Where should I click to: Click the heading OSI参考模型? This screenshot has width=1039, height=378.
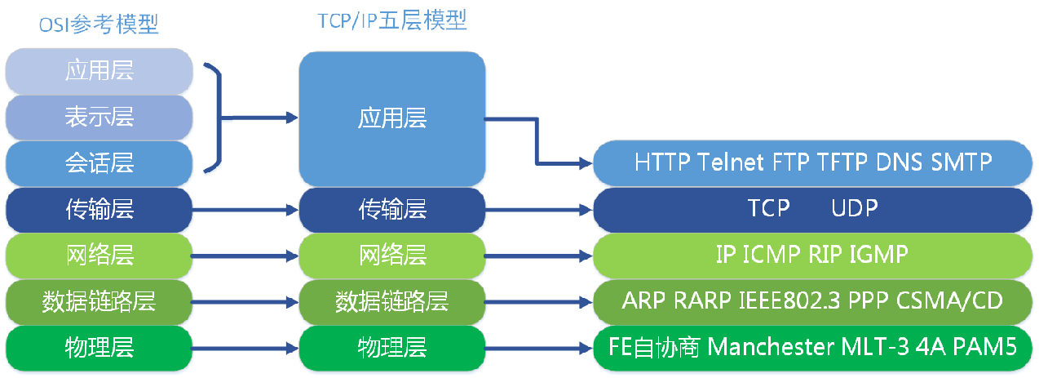point(99,25)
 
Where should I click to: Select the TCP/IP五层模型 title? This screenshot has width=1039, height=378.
point(391,20)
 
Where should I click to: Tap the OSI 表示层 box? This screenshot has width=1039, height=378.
point(99,118)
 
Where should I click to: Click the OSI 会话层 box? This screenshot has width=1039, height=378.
point(99,163)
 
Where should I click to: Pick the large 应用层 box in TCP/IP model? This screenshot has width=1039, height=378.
point(391,119)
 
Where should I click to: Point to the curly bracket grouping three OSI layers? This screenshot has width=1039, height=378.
point(216,119)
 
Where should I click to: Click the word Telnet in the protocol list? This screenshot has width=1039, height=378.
point(732,162)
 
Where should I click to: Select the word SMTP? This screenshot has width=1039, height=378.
point(962,162)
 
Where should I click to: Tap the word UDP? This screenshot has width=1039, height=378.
point(855,208)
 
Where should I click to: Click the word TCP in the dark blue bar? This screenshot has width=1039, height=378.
point(768,208)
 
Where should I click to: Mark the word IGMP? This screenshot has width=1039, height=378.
point(878,255)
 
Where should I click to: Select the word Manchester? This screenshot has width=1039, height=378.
point(768,347)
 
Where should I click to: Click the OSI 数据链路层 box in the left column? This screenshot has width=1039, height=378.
point(99,301)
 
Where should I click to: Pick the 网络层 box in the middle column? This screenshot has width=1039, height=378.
point(391,255)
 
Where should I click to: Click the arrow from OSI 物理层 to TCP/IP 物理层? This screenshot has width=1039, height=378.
point(245,348)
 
